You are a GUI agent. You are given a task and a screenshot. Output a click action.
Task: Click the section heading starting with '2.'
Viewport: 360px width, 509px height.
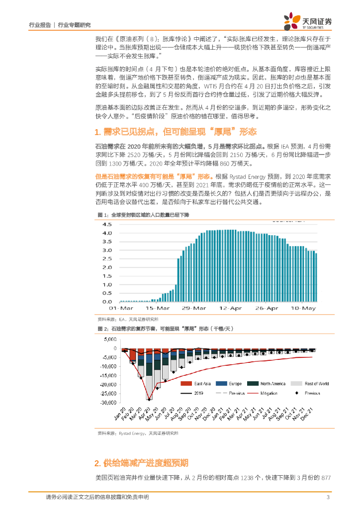point(141,463)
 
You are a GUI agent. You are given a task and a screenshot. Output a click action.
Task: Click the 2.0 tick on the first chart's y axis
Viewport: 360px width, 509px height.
point(106,267)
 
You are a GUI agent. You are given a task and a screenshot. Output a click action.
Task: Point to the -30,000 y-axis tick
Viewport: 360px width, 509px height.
point(107,403)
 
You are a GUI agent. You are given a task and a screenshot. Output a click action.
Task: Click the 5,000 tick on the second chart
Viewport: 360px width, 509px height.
point(110,339)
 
